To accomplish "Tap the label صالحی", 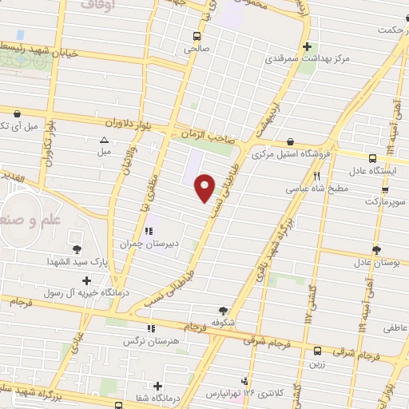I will pyautogui.click(x=196, y=48).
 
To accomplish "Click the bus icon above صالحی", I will pyautogui.click(x=196, y=36).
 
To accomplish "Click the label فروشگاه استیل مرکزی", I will pyautogui.click(x=290, y=154).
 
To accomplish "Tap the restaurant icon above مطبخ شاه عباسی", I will pyautogui.click(x=317, y=177).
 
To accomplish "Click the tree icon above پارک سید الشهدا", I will pyautogui.click(x=77, y=249).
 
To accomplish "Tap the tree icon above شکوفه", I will pyautogui.click(x=224, y=312).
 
